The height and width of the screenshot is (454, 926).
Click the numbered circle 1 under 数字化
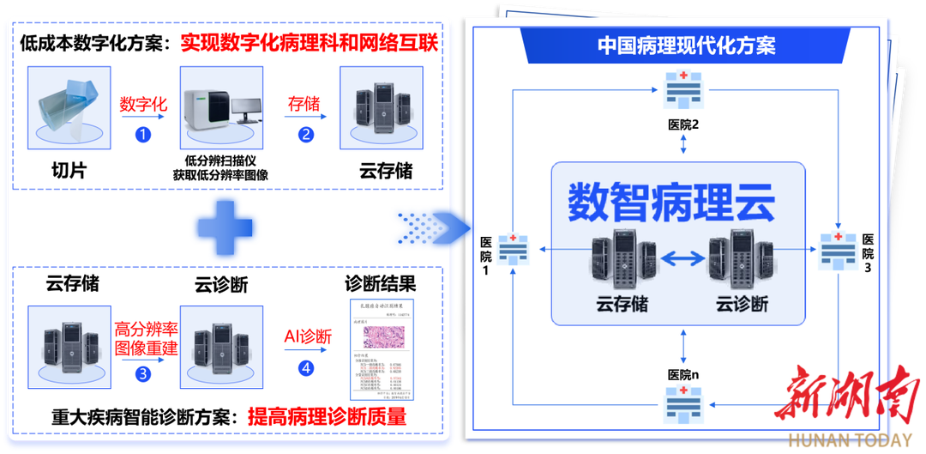[143, 134]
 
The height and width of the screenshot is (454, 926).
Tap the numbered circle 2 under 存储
[306, 134]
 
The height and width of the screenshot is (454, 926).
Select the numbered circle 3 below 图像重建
[143, 373]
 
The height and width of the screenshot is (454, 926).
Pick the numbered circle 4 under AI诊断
[306, 368]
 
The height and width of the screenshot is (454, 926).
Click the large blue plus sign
[225, 227]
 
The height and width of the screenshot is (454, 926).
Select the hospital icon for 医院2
[683, 88]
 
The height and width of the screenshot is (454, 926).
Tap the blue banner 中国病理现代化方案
[686, 45]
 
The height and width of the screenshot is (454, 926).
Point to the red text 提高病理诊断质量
[327, 418]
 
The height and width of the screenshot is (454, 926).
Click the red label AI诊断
[308, 336]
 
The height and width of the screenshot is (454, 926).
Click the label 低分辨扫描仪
[220, 160]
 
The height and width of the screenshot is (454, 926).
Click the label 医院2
[683, 124]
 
